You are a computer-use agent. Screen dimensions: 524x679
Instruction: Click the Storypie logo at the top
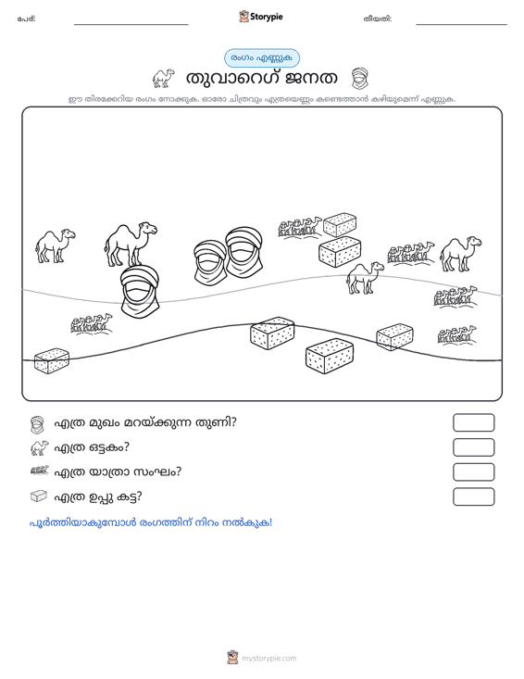[261, 17]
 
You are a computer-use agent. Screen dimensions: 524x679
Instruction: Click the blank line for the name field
[131, 24]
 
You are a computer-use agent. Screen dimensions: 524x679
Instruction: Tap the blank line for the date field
[461, 24]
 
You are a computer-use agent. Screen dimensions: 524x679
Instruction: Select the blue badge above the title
[262, 58]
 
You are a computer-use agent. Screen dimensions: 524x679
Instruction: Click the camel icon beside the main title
[163, 78]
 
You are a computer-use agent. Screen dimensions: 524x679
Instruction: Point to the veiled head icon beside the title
[359, 79]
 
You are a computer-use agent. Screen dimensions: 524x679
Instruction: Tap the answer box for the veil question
[473, 422]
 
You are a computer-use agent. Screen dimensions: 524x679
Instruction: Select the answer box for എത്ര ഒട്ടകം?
[473, 447]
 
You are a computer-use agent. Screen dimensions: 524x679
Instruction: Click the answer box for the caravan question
[473, 472]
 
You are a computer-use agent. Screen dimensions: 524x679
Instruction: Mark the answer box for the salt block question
[473, 497]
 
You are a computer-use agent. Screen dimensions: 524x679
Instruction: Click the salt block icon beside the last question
[39, 497]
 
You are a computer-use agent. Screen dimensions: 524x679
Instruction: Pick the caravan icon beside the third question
[40, 472]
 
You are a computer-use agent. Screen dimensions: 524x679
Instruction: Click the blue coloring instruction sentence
[151, 522]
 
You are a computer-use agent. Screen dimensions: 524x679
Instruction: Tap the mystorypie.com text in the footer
[269, 659]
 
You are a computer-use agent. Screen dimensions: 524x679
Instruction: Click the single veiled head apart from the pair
[140, 292]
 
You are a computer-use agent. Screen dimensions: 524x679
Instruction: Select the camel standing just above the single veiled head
[131, 245]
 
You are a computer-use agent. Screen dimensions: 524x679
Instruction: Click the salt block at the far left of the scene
[52, 360]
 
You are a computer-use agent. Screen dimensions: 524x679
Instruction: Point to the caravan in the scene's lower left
[92, 323]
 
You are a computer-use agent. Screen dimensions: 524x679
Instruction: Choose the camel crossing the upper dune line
[365, 278]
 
